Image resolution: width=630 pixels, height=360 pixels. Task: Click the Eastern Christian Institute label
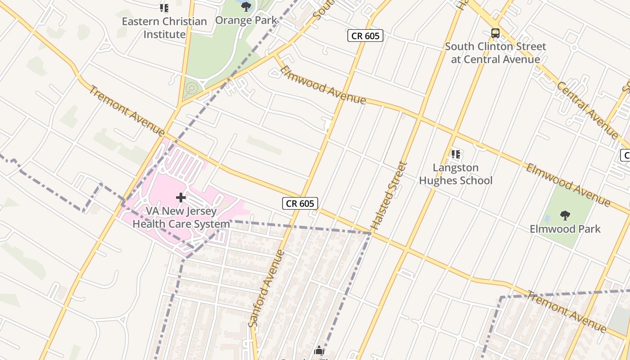(164, 28)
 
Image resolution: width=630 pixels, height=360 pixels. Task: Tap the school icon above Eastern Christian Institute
(164, 8)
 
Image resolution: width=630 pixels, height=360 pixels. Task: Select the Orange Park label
(246, 20)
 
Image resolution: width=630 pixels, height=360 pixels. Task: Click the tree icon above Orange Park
(246, 6)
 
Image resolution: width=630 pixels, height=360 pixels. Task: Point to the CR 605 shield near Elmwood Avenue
(365, 36)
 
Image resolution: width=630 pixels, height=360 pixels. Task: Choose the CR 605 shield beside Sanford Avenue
(300, 203)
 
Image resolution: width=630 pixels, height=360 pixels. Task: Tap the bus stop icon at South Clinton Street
(495, 33)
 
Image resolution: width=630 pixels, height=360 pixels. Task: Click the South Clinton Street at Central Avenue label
(495, 53)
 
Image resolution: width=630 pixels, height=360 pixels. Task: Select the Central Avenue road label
(587, 109)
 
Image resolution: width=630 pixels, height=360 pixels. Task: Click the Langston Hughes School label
(456, 174)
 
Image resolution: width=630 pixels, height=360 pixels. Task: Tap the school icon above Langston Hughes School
(456, 155)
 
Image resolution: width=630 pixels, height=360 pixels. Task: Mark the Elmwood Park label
(565, 229)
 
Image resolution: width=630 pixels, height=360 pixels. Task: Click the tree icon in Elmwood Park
(565, 216)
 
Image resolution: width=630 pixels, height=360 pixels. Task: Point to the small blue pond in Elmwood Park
(547, 218)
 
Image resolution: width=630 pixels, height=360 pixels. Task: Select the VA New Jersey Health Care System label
(181, 217)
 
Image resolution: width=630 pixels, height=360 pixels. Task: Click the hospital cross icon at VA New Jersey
(181, 198)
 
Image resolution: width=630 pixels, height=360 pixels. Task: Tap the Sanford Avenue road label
(267, 288)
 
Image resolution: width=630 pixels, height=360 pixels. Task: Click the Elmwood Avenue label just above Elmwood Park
(568, 185)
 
